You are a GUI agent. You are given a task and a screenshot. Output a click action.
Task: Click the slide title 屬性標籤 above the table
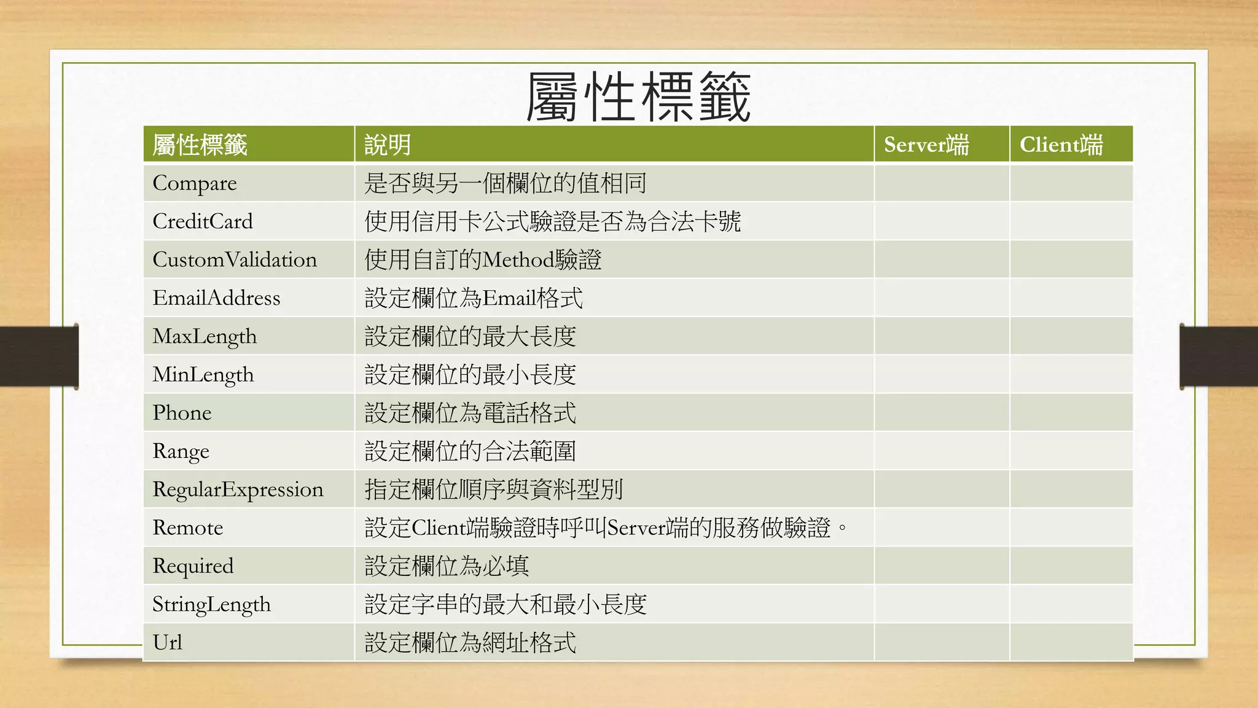(638, 96)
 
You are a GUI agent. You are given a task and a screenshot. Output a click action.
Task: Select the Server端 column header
(926, 145)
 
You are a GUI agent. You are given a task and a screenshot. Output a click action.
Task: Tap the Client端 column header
(1061, 145)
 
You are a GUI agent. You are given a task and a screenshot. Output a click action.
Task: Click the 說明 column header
(387, 145)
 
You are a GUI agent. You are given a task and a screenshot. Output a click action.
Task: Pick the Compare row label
(194, 183)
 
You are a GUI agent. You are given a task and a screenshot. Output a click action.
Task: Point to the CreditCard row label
(202, 221)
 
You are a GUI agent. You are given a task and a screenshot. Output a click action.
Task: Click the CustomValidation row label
(235, 259)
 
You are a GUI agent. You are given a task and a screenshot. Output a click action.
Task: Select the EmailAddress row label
(216, 298)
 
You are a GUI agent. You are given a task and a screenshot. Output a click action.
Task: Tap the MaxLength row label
(205, 336)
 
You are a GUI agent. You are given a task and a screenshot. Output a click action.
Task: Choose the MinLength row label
(203, 374)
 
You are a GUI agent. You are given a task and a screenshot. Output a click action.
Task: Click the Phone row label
(182, 413)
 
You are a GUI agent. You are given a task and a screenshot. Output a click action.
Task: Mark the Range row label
(181, 451)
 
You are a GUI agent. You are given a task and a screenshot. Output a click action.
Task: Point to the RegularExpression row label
(238, 489)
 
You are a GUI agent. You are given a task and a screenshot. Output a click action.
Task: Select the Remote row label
(187, 527)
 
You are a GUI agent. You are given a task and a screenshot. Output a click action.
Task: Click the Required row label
(193, 565)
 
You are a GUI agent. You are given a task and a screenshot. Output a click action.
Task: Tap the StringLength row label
(211, 604)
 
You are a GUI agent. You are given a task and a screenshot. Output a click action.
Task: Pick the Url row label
(167, 642)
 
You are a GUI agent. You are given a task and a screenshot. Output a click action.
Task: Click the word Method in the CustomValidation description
(518, 259)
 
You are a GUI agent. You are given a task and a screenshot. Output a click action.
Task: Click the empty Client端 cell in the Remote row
(1071, 527)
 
